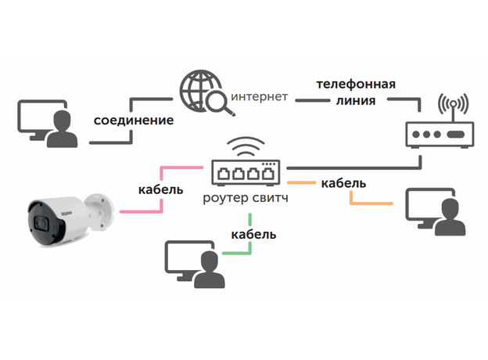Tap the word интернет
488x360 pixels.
tap(260, 98)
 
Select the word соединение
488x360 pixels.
tap(134, 122)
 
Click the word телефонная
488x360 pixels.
tap(355, 84)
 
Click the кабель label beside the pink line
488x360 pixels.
tap(160, 189)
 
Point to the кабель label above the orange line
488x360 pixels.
tap(343, 183)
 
